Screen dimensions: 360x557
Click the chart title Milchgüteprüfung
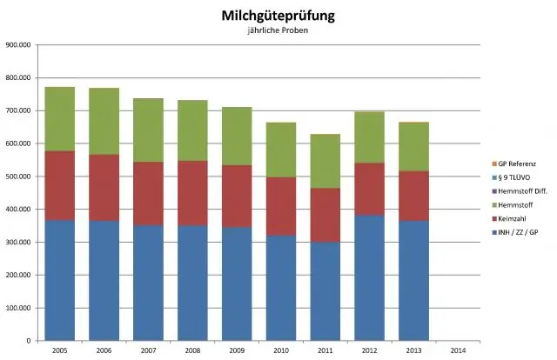(278, 16)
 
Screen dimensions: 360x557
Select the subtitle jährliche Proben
(278, 31)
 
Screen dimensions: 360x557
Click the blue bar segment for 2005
(60, 279)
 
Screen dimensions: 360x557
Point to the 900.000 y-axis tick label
(20, 45)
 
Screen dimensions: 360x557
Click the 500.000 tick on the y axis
(20, 177)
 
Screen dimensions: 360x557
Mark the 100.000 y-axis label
(20, 308)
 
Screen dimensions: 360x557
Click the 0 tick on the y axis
(31, 340)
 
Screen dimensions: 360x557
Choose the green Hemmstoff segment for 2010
(281, 150)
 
